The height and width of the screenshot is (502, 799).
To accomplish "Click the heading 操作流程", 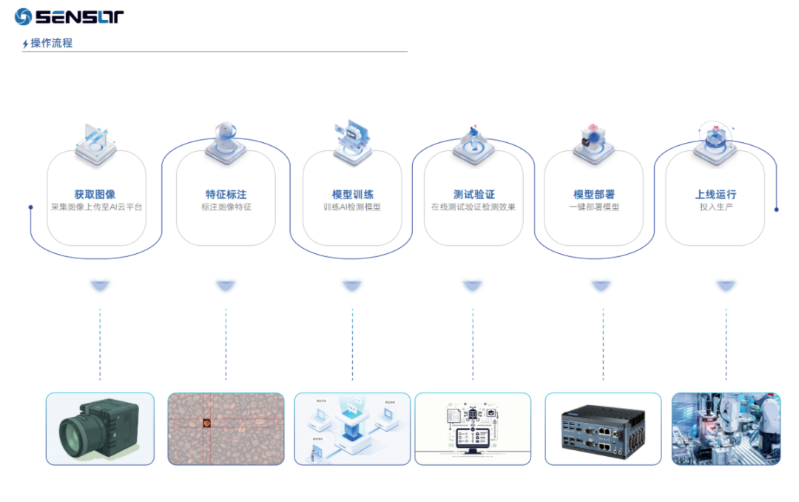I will (x=51, y=43).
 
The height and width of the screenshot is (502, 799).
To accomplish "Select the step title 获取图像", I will (x=95, y=195).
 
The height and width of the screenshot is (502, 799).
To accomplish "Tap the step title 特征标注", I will (x=226, y=195).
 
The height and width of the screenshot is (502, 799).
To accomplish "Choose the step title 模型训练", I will (x=352, y=195).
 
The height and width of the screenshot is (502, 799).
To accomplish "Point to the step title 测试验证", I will (x=473, y=195).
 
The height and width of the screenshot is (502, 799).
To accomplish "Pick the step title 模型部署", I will (x=593, y=195).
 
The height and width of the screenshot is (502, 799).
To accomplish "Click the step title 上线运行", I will (x=715, y=195).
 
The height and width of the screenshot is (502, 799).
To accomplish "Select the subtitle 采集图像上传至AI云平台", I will (x=96, y=207).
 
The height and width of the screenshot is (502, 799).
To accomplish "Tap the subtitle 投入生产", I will (x=715, y=207).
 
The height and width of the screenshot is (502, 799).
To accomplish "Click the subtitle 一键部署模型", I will (x=593, y=207).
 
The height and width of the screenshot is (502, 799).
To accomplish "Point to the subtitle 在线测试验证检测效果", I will (x=473, y=207).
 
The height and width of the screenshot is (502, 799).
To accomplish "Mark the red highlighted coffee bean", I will (x=206, y=424).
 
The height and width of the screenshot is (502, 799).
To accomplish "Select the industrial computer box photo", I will (x=602, y=429).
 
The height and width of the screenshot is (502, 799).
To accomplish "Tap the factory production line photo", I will (x=726, y=429).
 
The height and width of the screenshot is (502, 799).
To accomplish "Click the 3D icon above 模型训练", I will (x=352, y=141).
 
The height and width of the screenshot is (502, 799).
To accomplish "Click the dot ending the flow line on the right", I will (x=776, y=210).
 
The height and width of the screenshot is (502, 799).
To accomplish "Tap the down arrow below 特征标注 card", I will (x=226, y=285).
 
